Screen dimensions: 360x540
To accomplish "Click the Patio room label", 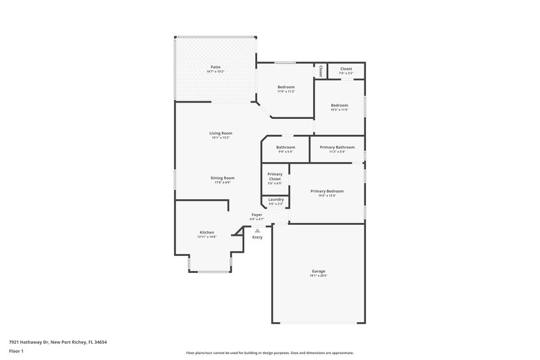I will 215,67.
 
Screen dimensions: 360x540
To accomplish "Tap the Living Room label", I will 220,133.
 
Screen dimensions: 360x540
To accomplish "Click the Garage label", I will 318,271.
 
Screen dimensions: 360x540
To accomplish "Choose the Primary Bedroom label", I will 327,191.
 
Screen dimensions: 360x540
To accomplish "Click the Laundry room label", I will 275,199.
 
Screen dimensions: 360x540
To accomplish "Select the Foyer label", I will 256,215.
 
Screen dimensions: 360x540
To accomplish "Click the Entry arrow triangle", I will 257,230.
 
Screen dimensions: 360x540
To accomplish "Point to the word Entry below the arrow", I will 257,238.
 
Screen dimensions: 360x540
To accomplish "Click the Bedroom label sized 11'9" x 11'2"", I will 286,87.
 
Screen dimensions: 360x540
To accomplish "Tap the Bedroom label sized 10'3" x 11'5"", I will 339,105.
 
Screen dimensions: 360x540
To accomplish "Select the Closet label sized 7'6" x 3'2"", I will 346,69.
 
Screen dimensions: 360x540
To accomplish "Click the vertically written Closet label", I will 321,70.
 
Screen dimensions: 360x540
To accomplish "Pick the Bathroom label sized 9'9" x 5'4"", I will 286,147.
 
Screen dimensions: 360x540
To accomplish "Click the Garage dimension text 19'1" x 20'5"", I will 318,276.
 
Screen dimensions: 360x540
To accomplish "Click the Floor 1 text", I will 17,352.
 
